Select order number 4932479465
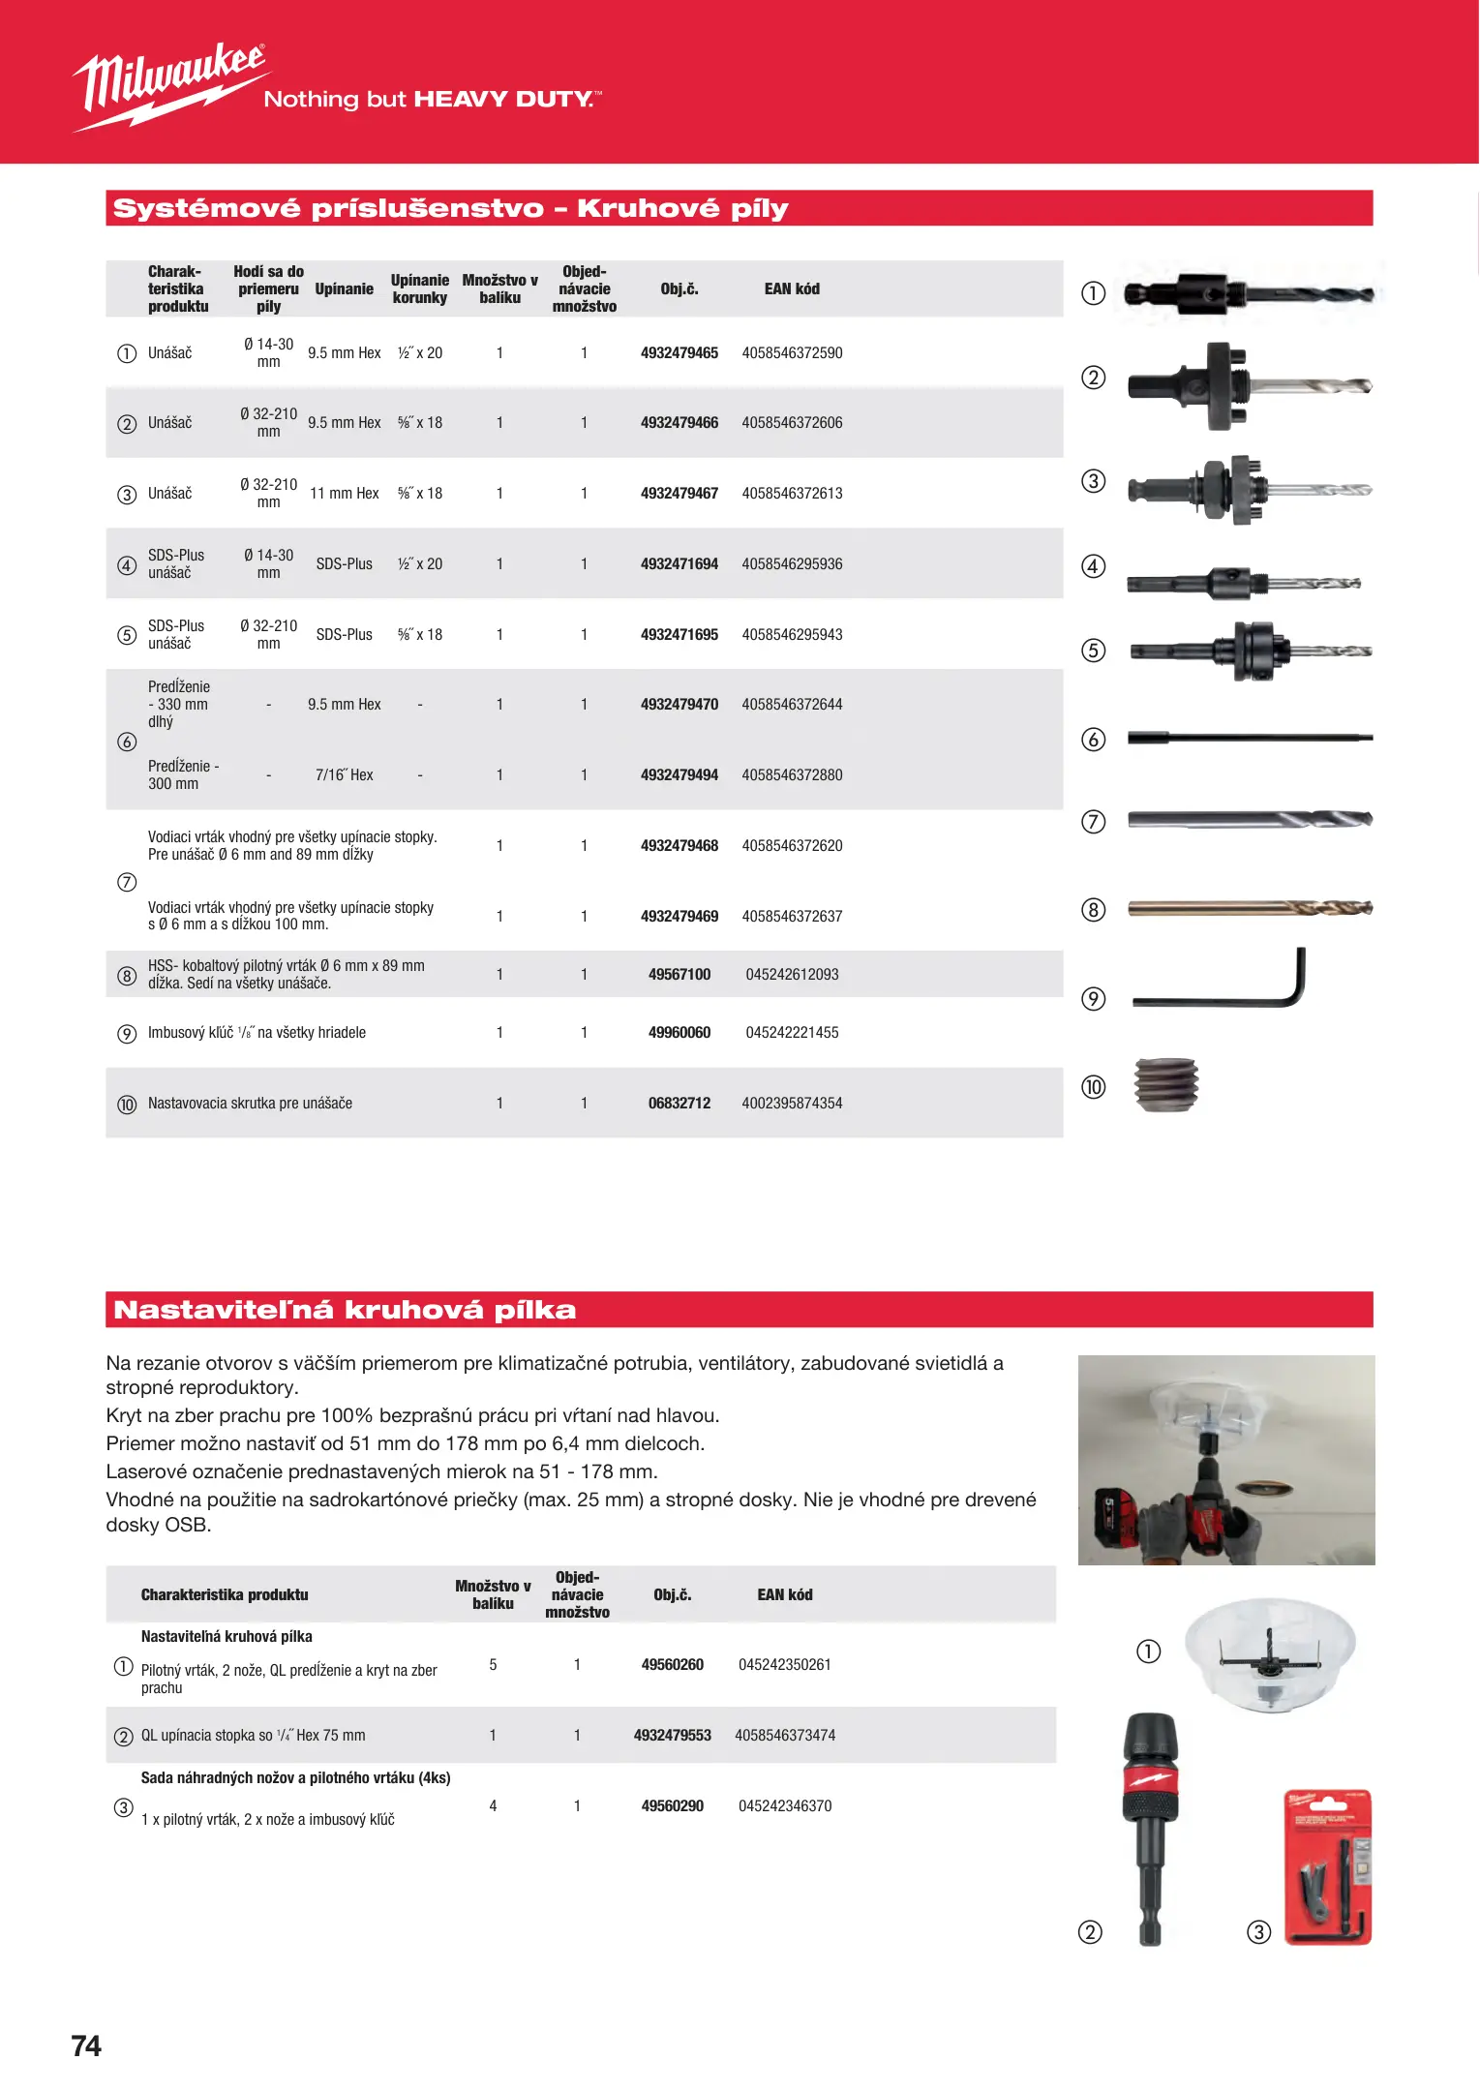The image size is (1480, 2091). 679,353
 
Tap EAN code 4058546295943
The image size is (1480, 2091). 792,635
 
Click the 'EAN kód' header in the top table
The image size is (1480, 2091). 791,289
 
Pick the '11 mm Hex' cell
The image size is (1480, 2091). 344,494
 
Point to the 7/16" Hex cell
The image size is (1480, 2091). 344,775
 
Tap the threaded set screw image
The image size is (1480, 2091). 1166,1085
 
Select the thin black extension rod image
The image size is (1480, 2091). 1250,739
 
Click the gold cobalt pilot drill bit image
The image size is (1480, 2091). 1250,908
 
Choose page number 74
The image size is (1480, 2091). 86,2046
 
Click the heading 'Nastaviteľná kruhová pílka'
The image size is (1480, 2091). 345,1310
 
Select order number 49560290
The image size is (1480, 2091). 672,1806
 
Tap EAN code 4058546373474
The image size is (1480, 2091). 784,1736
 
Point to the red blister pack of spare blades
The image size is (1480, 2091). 1327,1867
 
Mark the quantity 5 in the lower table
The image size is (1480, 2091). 493,1665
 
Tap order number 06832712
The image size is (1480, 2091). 679,1104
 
